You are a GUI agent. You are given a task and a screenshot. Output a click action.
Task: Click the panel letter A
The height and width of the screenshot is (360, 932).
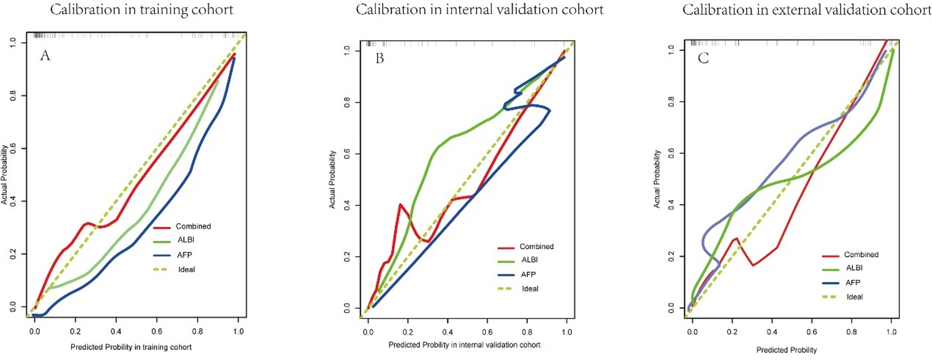45,55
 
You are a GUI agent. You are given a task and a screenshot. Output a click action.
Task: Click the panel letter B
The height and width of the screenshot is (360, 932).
379,58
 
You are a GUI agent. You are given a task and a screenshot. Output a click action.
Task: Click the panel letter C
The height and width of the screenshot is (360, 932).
703,58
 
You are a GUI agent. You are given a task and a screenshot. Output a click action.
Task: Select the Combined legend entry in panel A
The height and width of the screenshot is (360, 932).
193,227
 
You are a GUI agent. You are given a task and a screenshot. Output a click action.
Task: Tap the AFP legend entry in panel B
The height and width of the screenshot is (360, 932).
528,274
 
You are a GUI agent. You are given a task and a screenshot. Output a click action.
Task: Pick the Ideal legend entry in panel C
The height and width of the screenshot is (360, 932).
855,297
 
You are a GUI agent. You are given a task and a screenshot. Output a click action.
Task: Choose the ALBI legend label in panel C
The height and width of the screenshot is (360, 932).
854,268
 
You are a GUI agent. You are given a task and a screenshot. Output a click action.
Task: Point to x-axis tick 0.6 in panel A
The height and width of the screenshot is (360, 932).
157,331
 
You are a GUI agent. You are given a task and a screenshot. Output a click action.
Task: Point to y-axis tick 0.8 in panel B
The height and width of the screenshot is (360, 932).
347,102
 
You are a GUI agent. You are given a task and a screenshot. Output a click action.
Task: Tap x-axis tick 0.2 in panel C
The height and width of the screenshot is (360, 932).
732,331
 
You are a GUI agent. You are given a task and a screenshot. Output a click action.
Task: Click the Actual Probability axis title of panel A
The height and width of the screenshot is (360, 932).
5,174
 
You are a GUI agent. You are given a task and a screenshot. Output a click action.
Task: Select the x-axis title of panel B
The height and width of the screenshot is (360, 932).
464,345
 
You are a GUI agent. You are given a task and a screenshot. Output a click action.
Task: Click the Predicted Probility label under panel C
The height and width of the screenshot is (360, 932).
786,350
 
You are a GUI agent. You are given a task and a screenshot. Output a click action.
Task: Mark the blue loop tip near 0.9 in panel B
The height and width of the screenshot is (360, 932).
549,110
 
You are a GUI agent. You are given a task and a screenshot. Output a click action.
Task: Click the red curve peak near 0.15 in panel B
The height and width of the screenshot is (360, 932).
400,204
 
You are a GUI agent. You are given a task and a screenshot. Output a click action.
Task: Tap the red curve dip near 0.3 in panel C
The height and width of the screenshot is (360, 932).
752,265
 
